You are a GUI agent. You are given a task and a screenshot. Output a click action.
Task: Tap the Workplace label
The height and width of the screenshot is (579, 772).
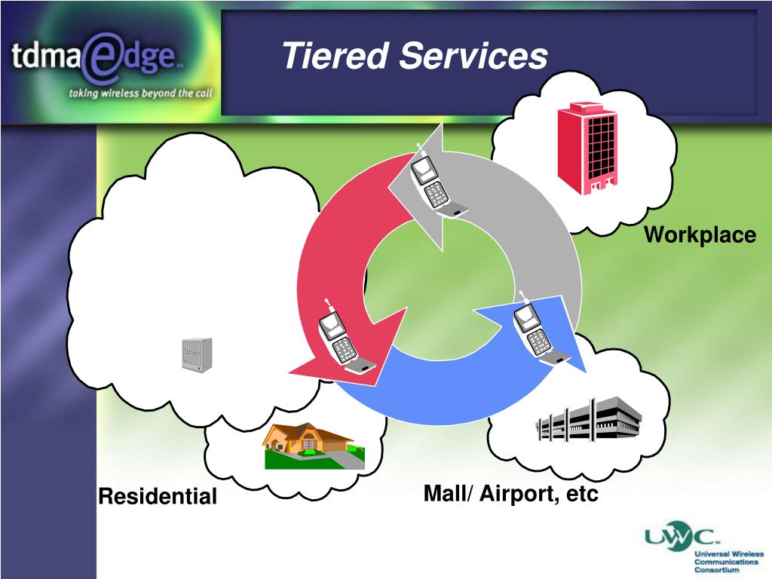coord(700,235)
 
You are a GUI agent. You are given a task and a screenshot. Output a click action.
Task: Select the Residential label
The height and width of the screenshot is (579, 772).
coord(158,497)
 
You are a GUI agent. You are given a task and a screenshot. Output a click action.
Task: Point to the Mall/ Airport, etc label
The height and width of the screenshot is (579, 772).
coord(510,495)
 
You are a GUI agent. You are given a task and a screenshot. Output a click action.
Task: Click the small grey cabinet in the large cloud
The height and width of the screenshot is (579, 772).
coord(196,354)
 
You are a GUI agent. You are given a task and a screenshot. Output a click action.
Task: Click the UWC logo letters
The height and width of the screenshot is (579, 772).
coord(679,538)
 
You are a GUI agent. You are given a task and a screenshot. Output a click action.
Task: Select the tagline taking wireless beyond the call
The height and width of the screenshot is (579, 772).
coord(140,94)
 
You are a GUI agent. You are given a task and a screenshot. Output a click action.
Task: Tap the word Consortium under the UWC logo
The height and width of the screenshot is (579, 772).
coord(718,570)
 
